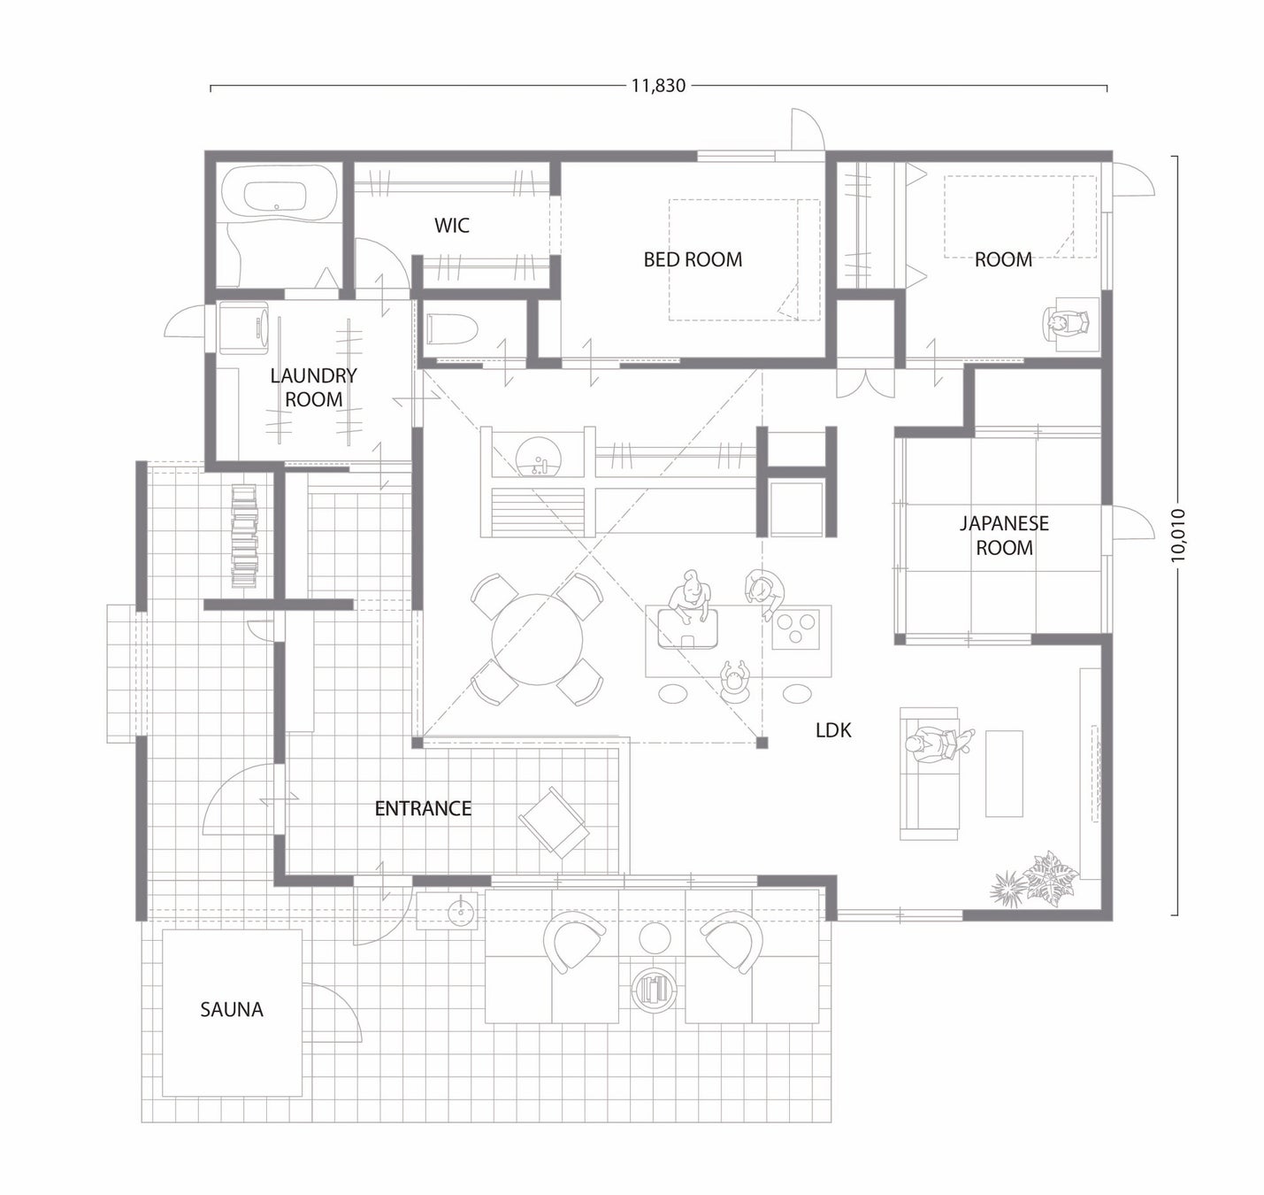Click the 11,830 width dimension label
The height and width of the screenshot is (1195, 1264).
tap(659, 86)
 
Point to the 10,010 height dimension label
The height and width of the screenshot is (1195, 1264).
tap(1178, 535)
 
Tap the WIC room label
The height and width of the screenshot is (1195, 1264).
tap(452, 226)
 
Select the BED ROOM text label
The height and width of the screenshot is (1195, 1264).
tap(693, 260)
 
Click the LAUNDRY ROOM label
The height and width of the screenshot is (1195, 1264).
tap(313, 388)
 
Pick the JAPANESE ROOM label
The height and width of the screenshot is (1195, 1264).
tap(1004, 535)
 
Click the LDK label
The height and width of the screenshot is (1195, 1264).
tap(833, 730)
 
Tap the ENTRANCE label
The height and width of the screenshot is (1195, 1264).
tap(423, 808)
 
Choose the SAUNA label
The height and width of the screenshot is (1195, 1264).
tap(232, 1010)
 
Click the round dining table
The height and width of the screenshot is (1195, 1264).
tap(537, 639)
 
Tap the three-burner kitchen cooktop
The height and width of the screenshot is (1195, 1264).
tap(795, 628)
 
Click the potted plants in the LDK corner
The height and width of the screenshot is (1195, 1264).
tap(1034, 878)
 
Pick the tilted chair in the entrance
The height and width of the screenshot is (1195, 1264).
tap(553, 821)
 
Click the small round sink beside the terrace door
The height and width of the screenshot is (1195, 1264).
tap(461, 912)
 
